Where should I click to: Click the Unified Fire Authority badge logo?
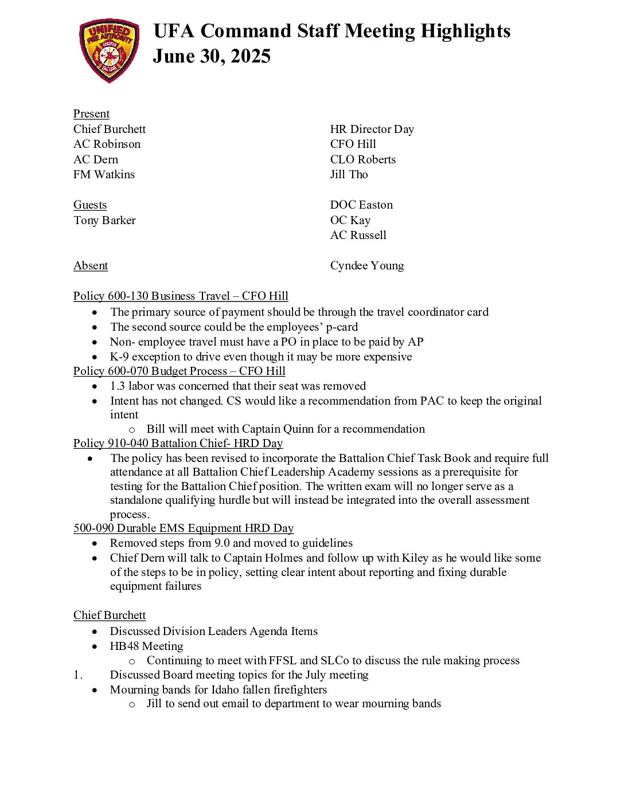click(x=109, y=50)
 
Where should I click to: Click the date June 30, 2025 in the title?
click(x=212, y=56)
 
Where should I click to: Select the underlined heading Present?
click(x=91, y=114)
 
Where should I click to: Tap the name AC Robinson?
click(x=107, y=144)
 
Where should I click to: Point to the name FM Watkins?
click(x=104, y=175)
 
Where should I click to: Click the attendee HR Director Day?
click(x=372, y=130)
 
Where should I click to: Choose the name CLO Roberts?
click(x=362, y=160)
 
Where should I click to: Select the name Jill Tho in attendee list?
click(x=349, y=175)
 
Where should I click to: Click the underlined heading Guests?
click(x=90, y=205)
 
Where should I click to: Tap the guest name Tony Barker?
click(x=104, y=221)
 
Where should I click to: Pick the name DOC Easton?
click(x=361, y=205)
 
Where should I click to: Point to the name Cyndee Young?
click(x=366, y=266)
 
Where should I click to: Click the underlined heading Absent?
click(x=91, y=266)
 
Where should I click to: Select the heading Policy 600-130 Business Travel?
click(x=181, y=296)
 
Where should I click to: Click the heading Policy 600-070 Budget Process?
click(x=179, y=371)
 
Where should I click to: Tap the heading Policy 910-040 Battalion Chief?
click(x=178, y=444)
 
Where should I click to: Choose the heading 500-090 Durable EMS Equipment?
click(x=184, y=528)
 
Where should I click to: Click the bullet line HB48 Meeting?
click(x=146, y=647)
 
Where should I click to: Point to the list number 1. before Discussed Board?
click(x=78, y=675)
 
